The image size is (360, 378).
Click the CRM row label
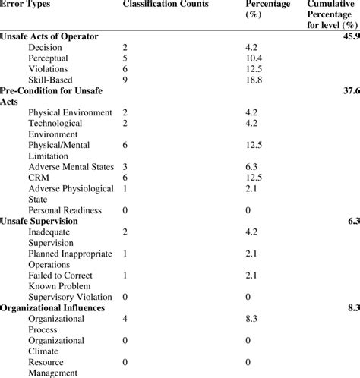(x=39, y=177)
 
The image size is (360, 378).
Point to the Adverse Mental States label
(x=71, y=166)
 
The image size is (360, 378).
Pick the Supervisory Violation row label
(x=71, y=297)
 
